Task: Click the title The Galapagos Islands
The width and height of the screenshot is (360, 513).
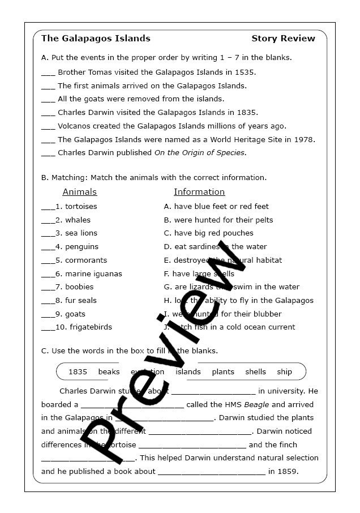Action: [96, 39]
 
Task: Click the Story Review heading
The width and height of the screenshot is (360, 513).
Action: [283, 39]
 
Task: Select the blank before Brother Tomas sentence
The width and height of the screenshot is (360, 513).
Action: [48, 72]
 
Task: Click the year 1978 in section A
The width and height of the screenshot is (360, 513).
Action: [304, 139]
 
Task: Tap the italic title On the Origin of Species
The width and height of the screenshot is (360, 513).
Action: [200, 153]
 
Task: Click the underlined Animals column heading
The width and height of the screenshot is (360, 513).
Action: [79, 192]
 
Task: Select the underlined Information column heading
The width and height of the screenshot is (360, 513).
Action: [199, 192]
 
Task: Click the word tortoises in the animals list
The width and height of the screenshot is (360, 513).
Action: [81, 207]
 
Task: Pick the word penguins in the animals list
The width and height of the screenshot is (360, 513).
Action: [82, 247]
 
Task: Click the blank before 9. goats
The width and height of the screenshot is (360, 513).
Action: [48, 314]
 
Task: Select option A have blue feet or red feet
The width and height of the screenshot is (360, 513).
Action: [216, 207]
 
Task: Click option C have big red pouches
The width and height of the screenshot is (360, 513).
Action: [209, 233]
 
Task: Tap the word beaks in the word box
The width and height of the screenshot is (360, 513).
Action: [109, 372]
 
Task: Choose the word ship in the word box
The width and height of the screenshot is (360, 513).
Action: [284, 372]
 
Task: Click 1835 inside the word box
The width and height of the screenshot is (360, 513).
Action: [78, 372]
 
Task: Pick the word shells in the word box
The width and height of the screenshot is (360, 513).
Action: [255, 372]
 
